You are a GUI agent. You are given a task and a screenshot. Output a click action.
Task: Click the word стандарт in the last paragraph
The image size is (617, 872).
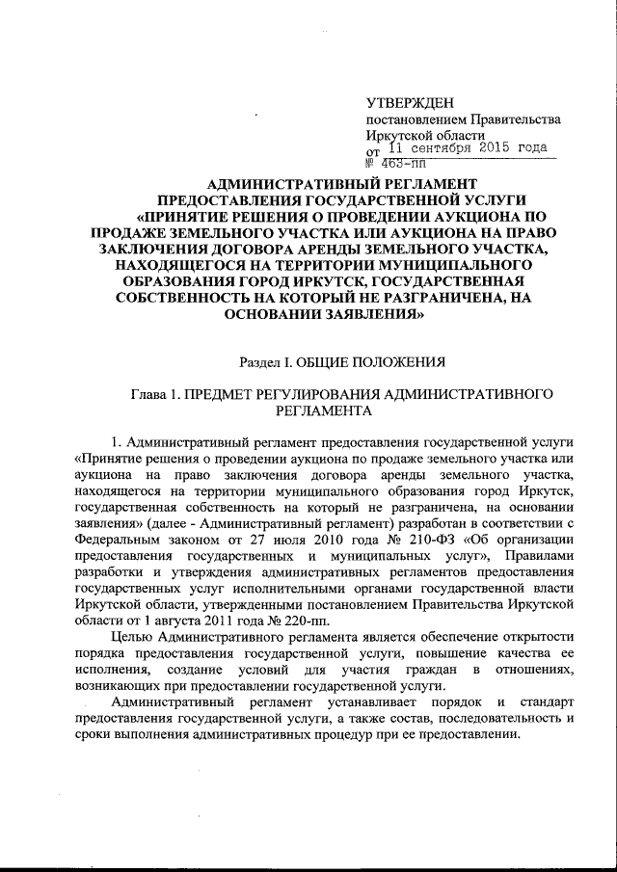click(x=548, y=703)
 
